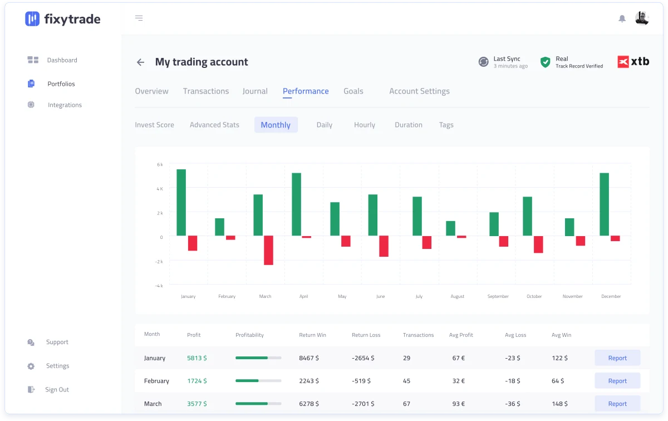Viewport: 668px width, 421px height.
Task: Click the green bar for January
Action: point(181,202)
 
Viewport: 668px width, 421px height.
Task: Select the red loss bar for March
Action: point(268,251)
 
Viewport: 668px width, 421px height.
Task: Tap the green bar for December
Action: point(604,204)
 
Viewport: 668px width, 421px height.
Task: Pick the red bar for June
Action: point(384,246)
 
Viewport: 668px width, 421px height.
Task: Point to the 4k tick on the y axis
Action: point(160,189)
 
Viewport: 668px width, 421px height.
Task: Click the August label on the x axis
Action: point(457,296)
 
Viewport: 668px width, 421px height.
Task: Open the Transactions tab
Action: point(206,91)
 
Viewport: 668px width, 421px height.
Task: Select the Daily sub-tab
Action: point(325,125)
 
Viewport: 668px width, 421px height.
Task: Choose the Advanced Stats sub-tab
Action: point(214,125)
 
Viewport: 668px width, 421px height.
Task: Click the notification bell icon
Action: point(622,18)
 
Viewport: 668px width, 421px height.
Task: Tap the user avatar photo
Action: point(642,18)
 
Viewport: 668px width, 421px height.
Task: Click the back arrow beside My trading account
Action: point(140,62)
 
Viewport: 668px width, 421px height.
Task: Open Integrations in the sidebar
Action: point(65,105)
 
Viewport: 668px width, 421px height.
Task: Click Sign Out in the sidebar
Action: point(57,389)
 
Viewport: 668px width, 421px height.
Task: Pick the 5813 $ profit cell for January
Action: point(197,358)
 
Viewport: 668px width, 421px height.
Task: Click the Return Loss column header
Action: point(366,335)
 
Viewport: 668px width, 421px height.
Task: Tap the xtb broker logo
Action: point(633,61)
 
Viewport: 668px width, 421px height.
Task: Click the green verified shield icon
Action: point(545,62)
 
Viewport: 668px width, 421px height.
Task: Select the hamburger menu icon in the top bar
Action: point(139,18)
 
